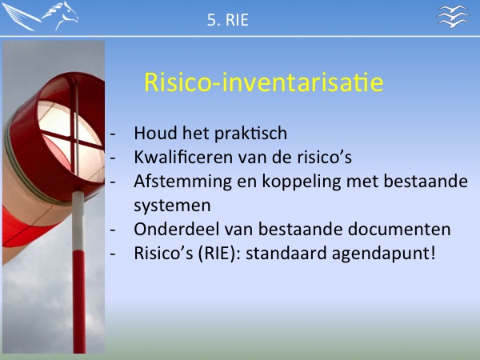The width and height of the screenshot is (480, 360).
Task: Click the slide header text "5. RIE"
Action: (x=228, y=20)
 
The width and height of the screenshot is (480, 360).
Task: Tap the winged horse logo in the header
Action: (x=40, y=16)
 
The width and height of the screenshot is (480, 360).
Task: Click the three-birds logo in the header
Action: (x=453, y=16)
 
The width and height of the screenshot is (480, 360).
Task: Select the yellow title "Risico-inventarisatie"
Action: (x=263, y=82)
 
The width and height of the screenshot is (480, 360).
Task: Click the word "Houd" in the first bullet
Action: (x=156, y=133)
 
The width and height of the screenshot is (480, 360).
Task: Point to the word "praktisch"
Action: (x=250, y=134)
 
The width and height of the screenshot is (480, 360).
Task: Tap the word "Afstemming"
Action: (x=182, y=182)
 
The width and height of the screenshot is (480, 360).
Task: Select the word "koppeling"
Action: (x=302, y=182)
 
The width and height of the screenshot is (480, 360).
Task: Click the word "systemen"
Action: (x=172, y=206)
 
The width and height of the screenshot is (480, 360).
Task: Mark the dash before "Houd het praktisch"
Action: (x=113, y=134)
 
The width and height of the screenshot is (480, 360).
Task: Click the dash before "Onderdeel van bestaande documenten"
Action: (x=113, y=230)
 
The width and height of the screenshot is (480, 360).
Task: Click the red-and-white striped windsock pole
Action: (x=78, y=272)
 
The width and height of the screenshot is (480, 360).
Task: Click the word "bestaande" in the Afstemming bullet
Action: (x=426, y=181)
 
